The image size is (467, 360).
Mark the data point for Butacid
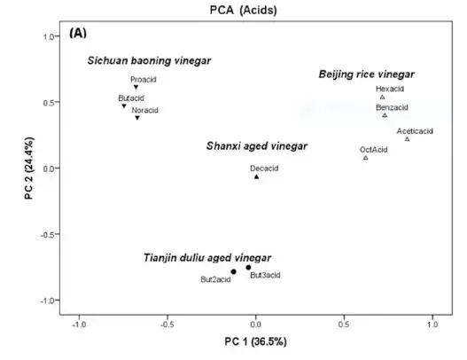124,106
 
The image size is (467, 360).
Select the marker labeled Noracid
137,118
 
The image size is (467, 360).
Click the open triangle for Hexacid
382,98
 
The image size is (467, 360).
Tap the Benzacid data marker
385,115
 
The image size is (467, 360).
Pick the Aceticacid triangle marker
408,139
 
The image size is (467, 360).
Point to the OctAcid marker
365,158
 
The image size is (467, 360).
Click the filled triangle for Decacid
256,176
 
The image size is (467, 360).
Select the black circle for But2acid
233,271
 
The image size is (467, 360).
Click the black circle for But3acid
249,267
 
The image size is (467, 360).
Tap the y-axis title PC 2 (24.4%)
29,168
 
